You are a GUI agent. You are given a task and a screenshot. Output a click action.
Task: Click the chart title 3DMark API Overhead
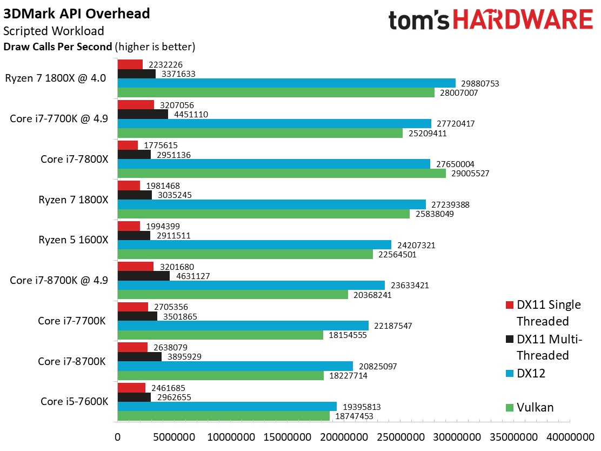77,14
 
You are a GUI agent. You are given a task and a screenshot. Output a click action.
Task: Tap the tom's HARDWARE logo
491,20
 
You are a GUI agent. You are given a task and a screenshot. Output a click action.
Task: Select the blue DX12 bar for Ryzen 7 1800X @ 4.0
286,83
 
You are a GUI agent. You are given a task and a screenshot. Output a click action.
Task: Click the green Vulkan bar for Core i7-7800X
282,174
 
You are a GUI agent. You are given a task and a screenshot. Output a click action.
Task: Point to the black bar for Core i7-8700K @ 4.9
144,276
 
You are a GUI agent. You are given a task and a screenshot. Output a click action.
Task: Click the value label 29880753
480,84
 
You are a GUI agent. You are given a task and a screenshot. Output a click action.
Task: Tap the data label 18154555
348,335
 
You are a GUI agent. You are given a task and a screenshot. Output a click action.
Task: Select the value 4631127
193,276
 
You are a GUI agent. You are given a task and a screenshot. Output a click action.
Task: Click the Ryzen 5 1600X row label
74,240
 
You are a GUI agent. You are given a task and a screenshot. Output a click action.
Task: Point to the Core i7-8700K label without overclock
72,362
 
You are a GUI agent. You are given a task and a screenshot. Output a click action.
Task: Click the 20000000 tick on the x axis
344,437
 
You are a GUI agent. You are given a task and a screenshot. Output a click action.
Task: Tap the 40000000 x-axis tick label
570,437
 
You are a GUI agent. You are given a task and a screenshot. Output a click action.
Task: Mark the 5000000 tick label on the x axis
174,437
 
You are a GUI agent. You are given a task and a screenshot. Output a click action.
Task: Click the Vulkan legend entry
530,407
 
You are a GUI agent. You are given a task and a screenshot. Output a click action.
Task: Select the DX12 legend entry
525,373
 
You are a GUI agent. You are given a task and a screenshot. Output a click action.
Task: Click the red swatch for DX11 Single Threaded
510,305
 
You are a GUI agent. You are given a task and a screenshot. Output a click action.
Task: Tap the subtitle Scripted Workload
54,31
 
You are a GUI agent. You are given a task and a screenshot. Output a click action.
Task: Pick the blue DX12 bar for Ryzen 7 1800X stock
272,204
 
